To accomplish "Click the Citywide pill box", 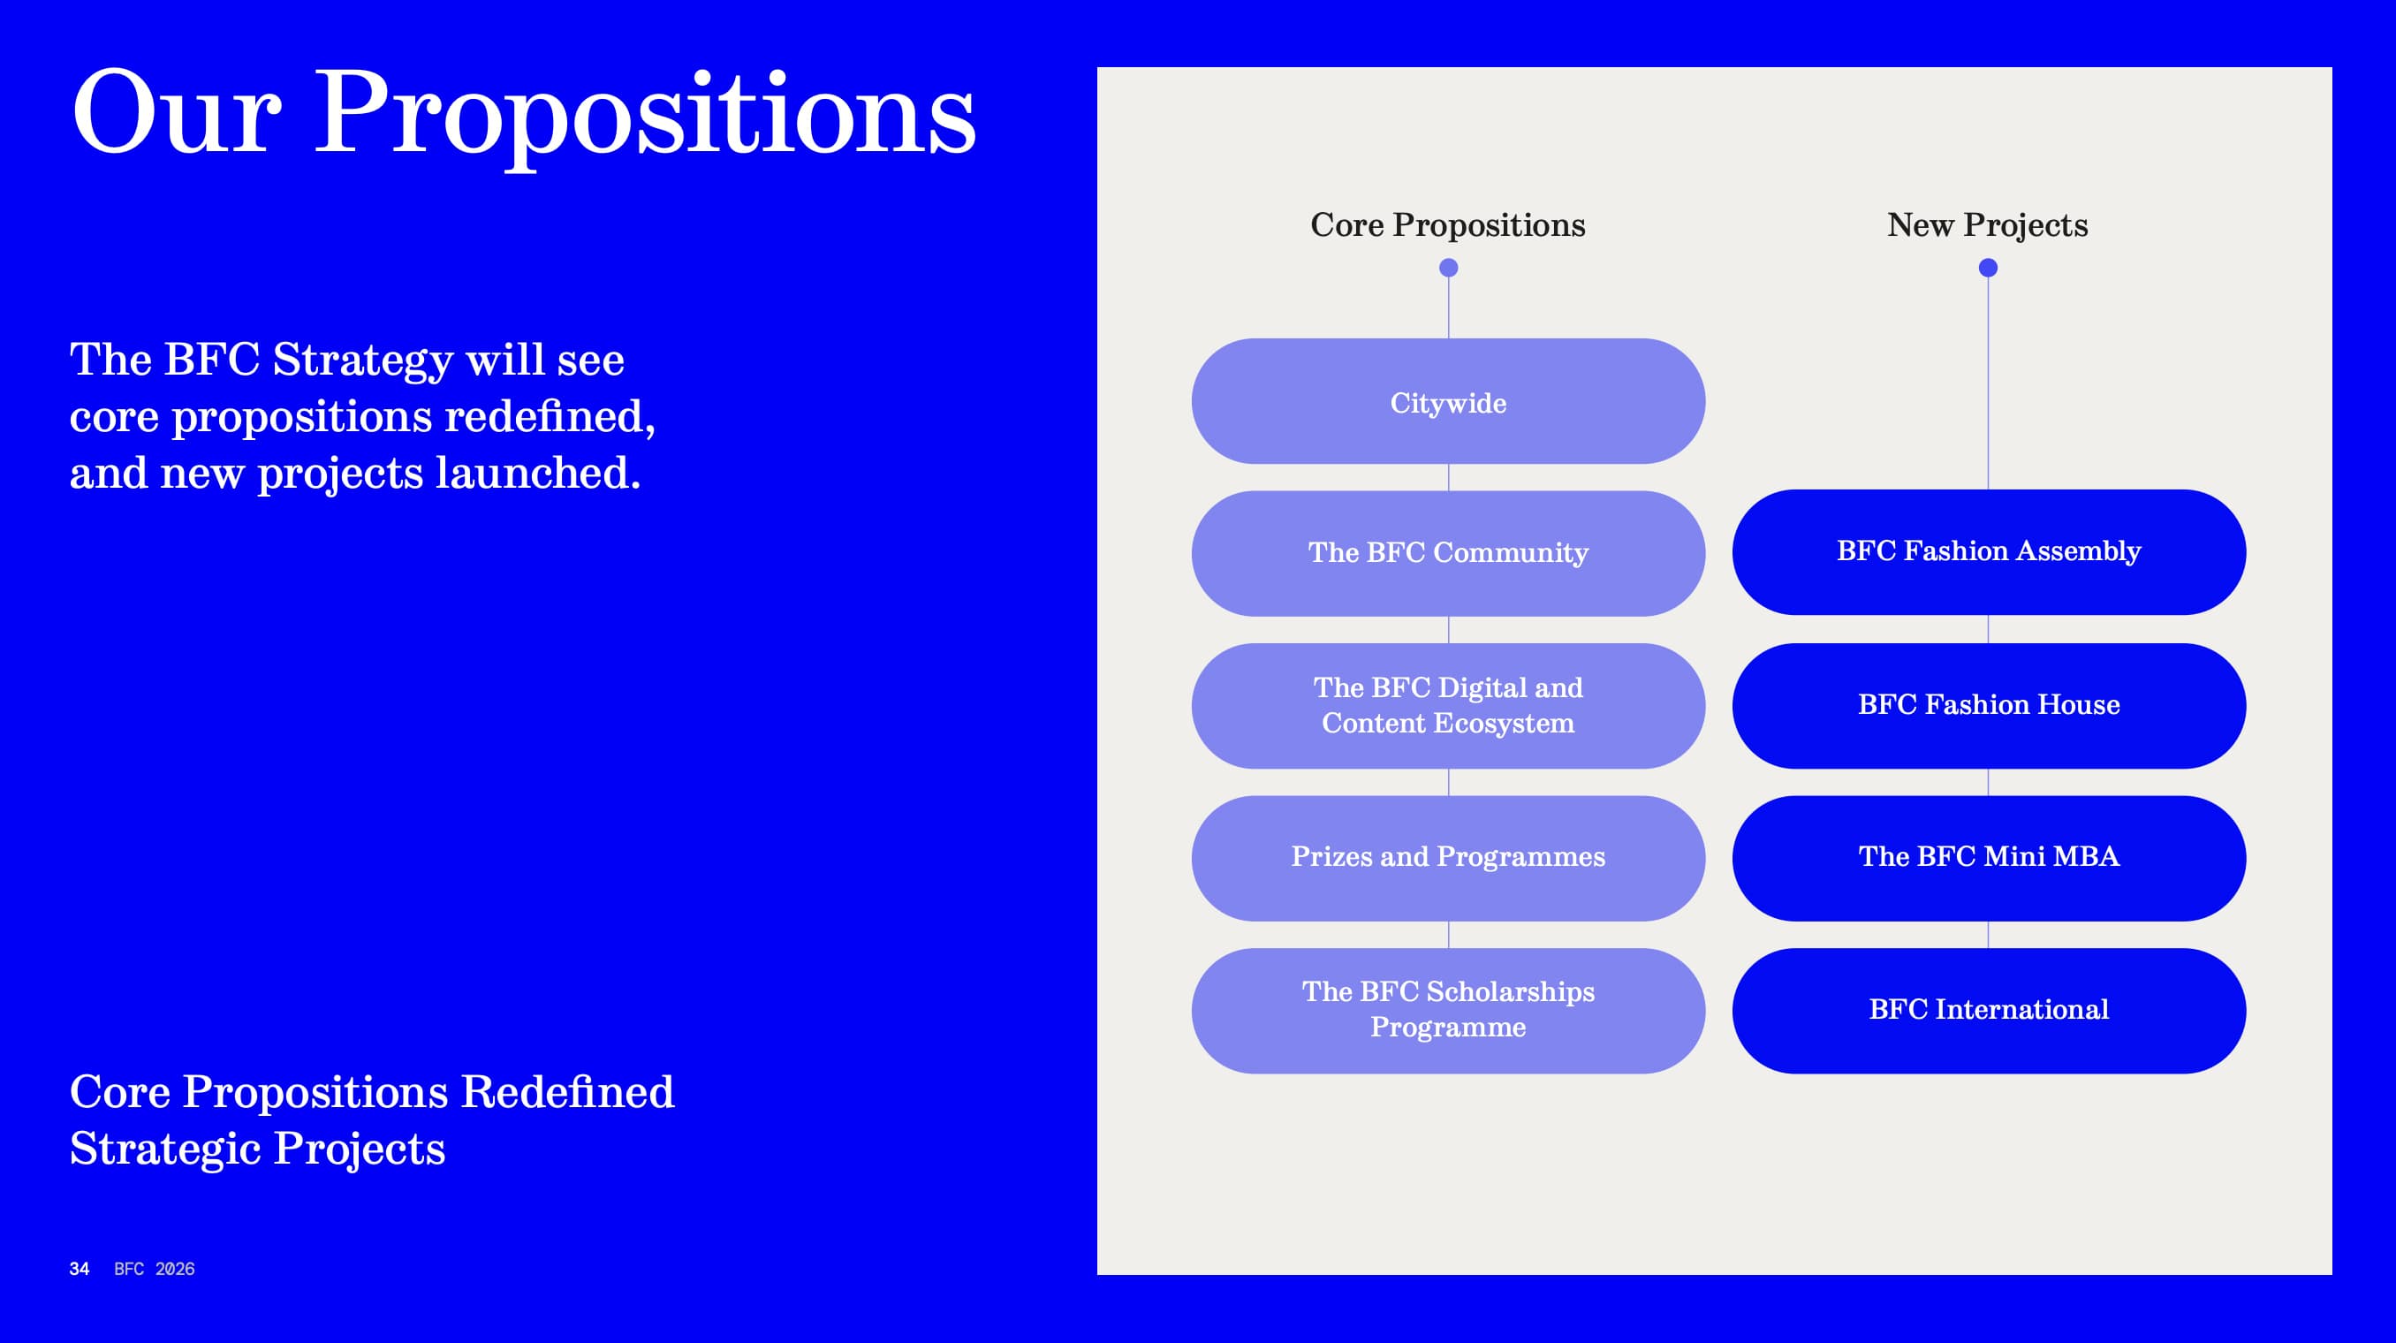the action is point(1448,401).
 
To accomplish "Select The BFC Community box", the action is point(1448,553).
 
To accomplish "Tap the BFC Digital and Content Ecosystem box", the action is point(1448,706).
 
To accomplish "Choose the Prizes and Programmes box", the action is point(1448,859).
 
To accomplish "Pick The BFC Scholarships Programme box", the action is point(1448,1011).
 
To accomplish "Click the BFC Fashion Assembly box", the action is point(1989,552).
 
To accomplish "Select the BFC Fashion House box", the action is point(1989,706).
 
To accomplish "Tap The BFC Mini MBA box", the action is point(1989,859).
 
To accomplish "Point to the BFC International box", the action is point(1989,1011).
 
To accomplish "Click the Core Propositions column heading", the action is point(1448,226).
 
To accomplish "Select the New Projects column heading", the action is point(1988,226).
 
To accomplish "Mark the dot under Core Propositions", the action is point(1448,268).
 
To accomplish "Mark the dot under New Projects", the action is point(1988,268).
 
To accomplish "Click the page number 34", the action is point(79,1269).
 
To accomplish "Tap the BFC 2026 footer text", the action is point(155,1269).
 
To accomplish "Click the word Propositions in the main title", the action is point(646,117).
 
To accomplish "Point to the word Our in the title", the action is point(176,113).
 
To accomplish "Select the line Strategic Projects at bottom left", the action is point(258,1150).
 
